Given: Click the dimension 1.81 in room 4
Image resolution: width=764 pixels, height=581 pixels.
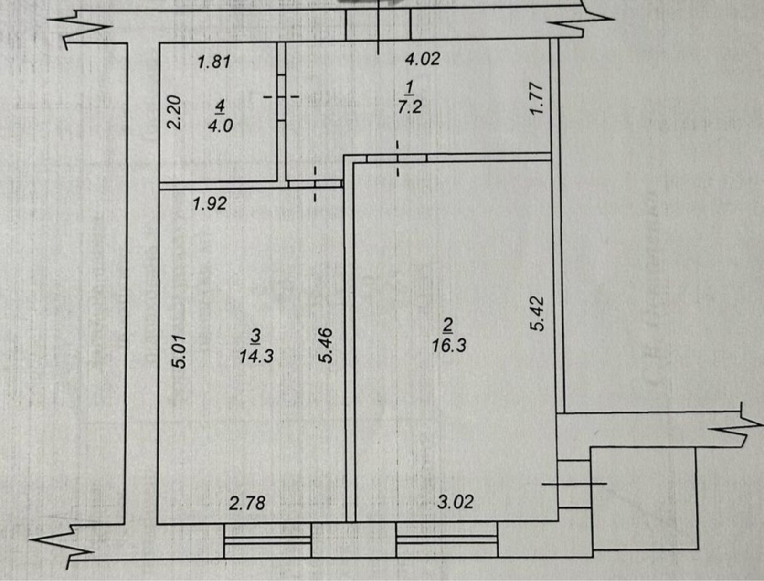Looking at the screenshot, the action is click(214, 62).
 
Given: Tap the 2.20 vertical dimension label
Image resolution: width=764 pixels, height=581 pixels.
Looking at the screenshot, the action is click(174, 113).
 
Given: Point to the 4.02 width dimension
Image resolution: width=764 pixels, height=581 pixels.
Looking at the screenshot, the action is click(423, 58).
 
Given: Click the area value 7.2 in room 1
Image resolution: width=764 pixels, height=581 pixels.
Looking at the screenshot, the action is click(410, 106).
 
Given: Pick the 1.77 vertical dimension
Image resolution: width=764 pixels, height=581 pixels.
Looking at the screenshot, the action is click(536, 98).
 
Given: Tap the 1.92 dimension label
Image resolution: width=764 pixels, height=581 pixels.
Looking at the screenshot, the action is click(210, 203).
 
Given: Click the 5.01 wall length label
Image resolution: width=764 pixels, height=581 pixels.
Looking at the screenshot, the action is click(179, 352).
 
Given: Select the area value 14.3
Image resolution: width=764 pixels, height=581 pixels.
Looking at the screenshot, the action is click(256, 356).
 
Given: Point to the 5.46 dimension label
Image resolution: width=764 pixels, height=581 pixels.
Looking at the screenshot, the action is click(327, 346).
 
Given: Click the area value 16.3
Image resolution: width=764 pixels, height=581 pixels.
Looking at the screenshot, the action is click(449, 346).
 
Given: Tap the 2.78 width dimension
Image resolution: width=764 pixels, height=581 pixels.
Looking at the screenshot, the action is click(247, 503).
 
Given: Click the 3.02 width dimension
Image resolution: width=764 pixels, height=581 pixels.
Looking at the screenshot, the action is click(456, 502).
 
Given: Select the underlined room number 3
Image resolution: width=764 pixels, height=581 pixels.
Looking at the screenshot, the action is click(255, 337).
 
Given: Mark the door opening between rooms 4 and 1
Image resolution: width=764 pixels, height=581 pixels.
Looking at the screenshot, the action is click(282, 97).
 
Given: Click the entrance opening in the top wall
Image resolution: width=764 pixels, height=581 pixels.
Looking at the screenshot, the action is click(378, 24).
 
